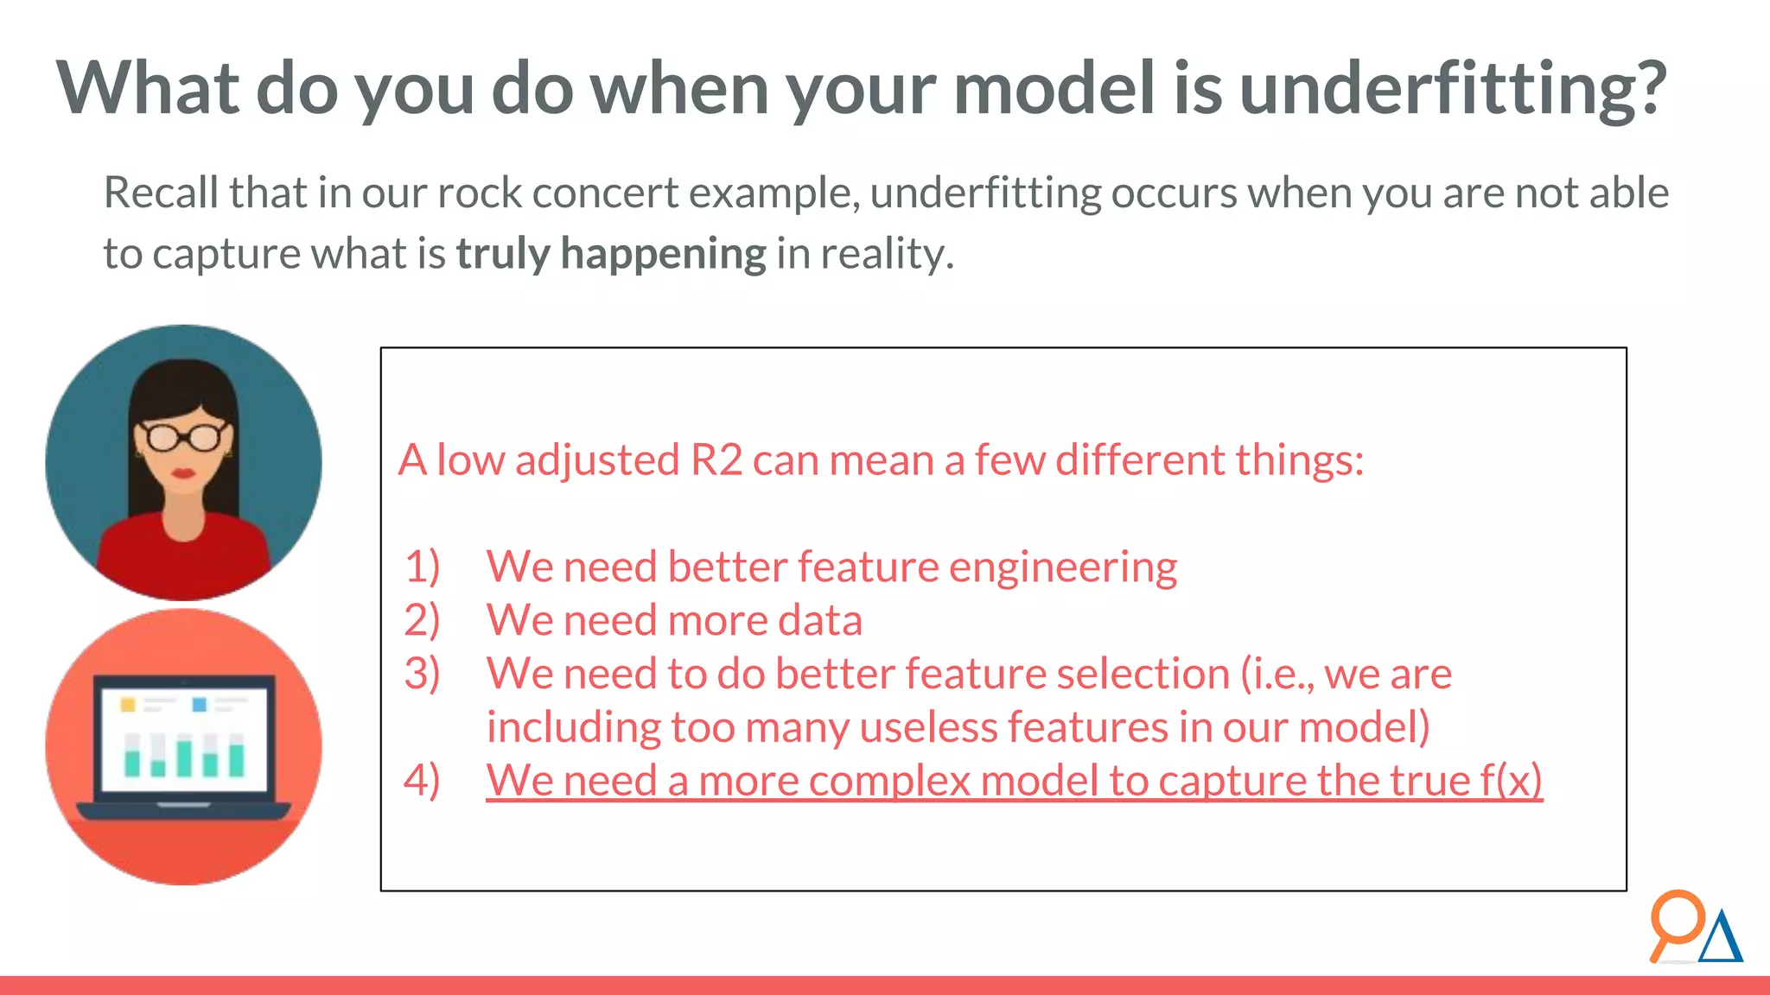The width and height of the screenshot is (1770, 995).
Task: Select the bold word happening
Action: click(x=663, y=255)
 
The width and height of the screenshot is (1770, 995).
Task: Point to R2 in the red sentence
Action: click(x=716, y=459)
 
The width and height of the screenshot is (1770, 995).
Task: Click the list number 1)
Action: click(x=422, y=567)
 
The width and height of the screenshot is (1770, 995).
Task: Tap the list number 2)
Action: click(x=422, y=621)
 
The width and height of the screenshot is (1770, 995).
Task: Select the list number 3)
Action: click(x=422, y=675)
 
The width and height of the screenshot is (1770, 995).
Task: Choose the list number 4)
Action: click(x=422, y=782)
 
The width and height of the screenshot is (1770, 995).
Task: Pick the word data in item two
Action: click(x=819, y=621)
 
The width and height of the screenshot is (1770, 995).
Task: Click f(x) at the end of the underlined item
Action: click(x=1511, y=782)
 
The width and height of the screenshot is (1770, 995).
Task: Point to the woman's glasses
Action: click(x=182, y=437)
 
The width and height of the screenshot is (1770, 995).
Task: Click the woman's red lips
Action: click(x=183, y=472)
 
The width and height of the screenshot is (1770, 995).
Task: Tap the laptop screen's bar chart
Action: click(x=184, y=755)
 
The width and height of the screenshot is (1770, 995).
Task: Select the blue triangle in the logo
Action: click(x=1721, y=939)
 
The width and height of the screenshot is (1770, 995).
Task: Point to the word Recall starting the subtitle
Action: click(x=161, y=193)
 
